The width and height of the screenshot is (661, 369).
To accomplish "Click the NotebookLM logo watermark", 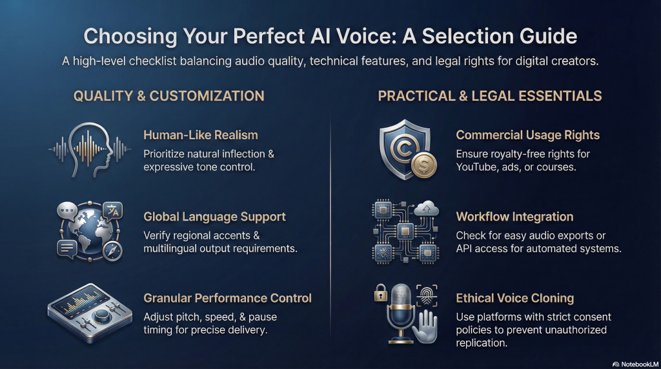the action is [x=635, y=364].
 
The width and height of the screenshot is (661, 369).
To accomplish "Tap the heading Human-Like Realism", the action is [x=201, y=135].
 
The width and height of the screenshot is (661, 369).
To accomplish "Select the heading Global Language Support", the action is [x=214, y=217].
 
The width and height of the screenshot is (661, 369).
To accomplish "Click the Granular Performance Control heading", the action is [x=228, y=298].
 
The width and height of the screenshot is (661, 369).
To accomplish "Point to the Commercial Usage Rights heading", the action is [x=528, y=135].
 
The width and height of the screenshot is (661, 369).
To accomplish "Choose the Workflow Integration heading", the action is [x=514, y=217].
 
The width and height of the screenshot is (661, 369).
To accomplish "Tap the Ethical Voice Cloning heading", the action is [x=515, y=299].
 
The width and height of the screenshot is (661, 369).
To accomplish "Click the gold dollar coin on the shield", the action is [x=423, y=165].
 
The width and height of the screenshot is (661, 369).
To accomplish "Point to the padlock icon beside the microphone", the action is [x=381, y=293].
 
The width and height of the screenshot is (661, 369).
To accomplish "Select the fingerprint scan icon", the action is [x=427, y=295].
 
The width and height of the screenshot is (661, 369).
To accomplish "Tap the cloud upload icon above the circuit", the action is [x=427, y=208].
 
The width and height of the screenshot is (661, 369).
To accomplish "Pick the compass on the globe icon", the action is [x=112, y=252].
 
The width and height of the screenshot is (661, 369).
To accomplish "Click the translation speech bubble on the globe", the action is [x=112, y=210].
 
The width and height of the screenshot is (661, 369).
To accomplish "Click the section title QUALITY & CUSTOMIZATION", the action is [x=169, y=96].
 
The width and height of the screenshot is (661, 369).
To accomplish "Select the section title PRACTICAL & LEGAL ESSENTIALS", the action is [x=490, y=96].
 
